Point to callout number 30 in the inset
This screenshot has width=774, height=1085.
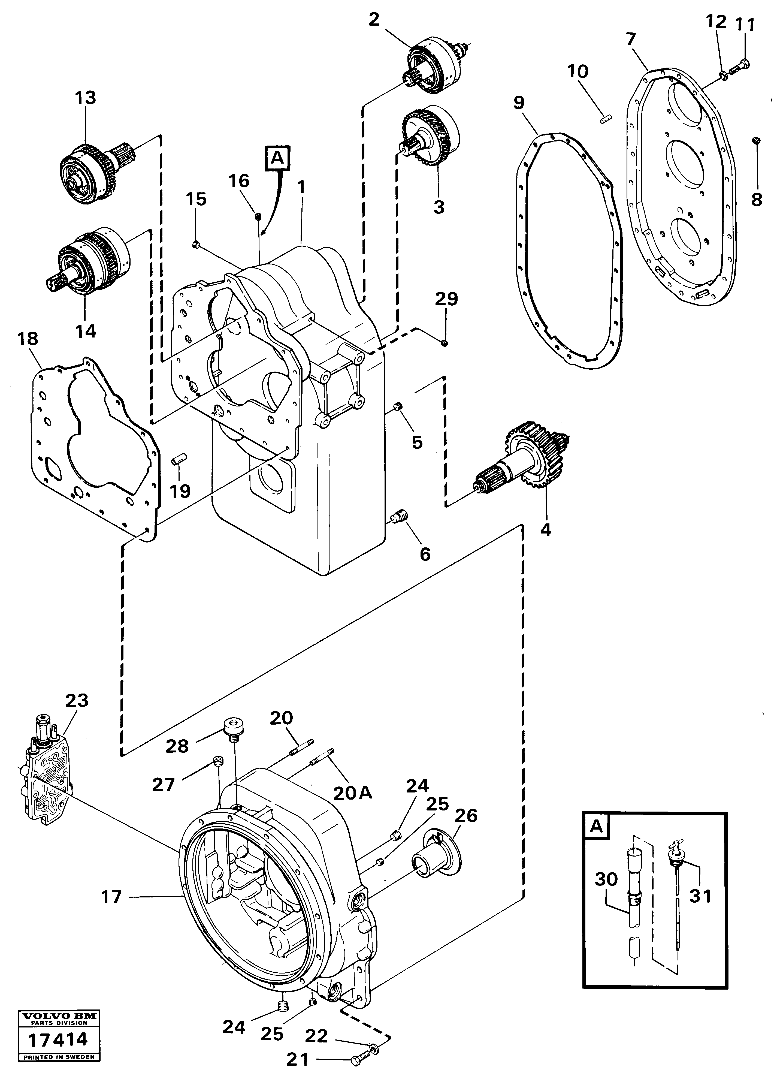pos(606,879)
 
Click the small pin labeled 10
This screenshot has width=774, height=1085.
pos(606,118)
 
